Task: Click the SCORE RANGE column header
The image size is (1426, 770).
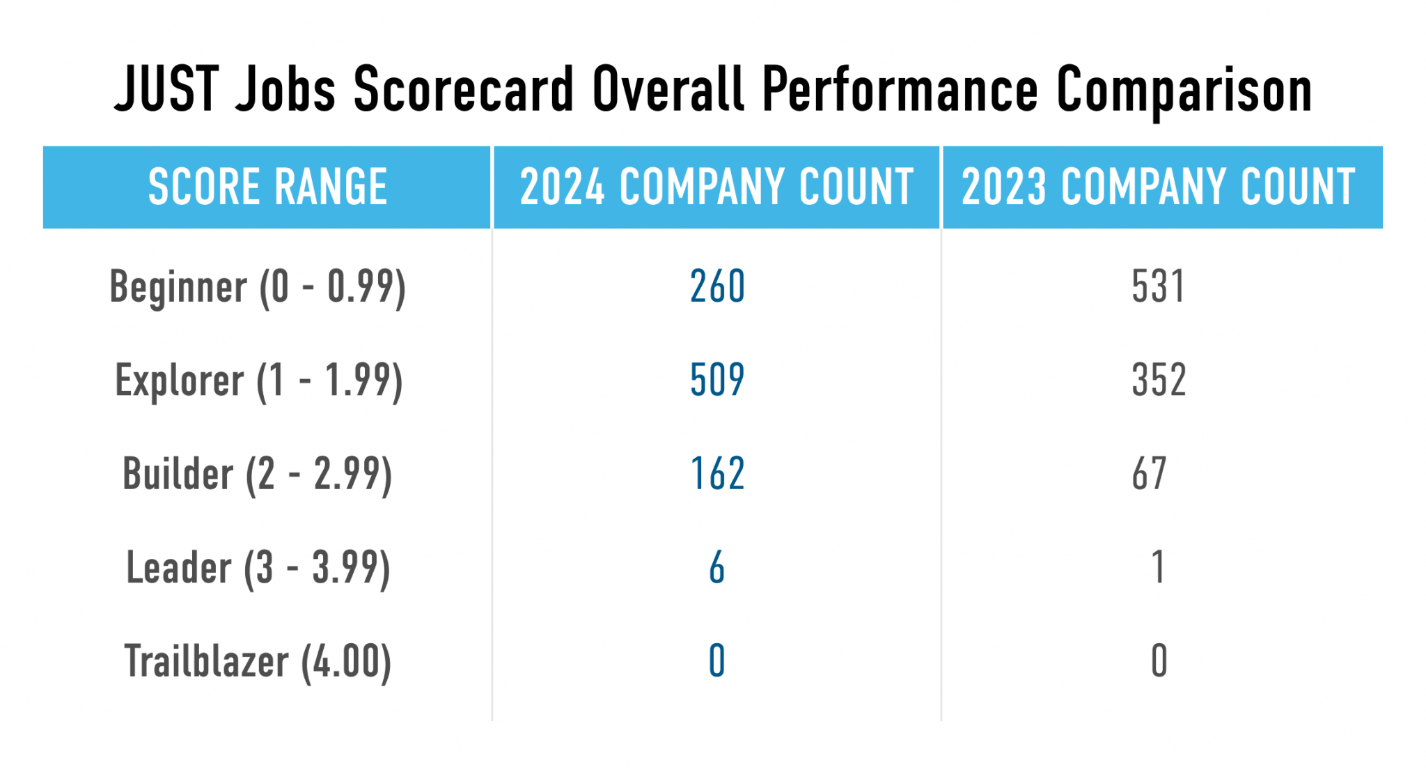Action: [267, 187]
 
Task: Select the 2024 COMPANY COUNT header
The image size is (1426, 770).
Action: [716, 187]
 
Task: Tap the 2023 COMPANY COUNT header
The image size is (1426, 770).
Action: [1159, 187]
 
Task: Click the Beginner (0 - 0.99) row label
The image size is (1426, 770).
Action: [258, 287]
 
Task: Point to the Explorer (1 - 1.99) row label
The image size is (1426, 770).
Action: [258, 381]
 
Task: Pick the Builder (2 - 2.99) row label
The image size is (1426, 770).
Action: [257, 475]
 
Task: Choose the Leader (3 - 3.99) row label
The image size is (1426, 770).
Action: [258, 568]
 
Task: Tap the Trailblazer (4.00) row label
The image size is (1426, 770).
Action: [258, 661]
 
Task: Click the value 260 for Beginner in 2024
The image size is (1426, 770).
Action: [717, 286]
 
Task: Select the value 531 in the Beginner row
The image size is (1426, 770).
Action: [1158, 286]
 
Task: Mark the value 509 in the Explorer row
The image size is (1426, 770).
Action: [717, 380]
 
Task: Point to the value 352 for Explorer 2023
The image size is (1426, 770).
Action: [1159, 380]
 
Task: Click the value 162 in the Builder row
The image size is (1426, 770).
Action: [717, 474]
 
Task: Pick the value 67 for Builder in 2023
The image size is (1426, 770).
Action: [1149, 474]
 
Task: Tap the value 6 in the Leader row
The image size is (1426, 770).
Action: [717, 567]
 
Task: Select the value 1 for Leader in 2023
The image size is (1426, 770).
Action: [1158, 567]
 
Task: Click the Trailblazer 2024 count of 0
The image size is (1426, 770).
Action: [717, 661]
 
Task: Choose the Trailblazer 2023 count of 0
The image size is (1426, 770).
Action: [1159, 661]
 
